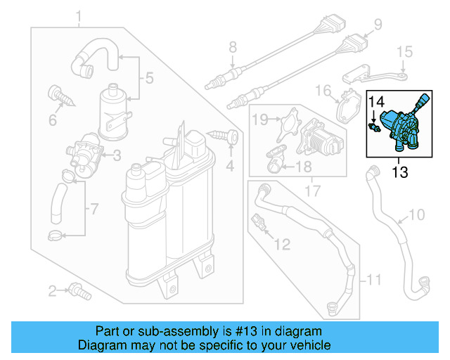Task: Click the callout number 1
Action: pos(79,15)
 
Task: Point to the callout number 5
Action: pos(148,79)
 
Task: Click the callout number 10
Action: pos(417,214)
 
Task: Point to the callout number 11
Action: pos(375,281)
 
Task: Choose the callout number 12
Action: pos(281,245)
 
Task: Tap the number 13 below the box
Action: pos(399,172)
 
